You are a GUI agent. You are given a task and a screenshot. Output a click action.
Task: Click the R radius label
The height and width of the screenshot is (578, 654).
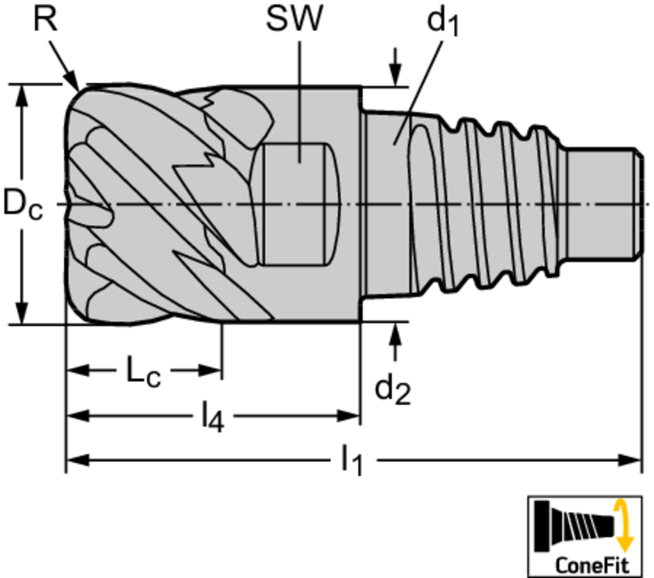tap(45, 19)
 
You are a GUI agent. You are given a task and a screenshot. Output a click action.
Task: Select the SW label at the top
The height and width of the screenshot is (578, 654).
tap(294, 19)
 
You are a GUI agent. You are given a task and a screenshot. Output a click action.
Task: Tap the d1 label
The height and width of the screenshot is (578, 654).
tap(443, 22)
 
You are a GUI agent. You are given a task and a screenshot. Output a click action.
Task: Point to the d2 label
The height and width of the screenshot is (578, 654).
tap(393, 390)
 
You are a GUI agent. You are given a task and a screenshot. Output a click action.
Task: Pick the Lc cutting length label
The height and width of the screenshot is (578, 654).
tap(144, 370)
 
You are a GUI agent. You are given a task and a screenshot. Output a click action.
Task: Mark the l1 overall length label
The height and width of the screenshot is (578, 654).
tap(352, 461)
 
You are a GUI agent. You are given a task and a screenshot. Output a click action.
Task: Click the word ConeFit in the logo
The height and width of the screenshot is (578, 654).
tap(591, 565)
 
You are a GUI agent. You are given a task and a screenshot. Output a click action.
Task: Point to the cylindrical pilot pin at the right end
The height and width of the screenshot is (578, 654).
tap(603, 204)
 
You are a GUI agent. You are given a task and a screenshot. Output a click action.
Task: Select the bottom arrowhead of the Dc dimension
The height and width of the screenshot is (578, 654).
tap(22, 313)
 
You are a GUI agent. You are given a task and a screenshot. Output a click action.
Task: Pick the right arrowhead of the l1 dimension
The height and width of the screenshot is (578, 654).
tap(629, 460)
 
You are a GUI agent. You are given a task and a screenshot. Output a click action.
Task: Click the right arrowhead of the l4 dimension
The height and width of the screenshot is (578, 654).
tap(348, 415)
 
